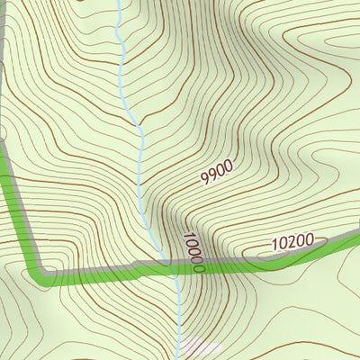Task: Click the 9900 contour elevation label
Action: point(217,171)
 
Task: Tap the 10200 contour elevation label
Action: point(292,241)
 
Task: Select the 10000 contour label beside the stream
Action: point(193,252)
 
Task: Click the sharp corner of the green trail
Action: point(38,272)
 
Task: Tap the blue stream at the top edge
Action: point(118,3)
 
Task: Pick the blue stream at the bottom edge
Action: point(179,356)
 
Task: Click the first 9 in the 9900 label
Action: point(205,178)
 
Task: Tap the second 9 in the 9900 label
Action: point(213,174)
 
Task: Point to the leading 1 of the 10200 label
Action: point(274,245)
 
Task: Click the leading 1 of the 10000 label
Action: point(187,237)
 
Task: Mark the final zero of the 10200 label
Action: point(309,238)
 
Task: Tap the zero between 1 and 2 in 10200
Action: point(283,243)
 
